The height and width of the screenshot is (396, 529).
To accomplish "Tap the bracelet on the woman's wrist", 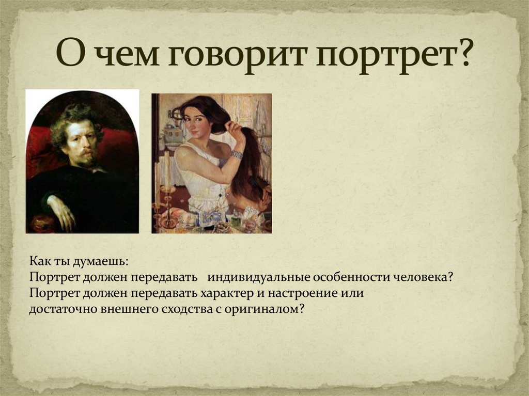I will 237,154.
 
